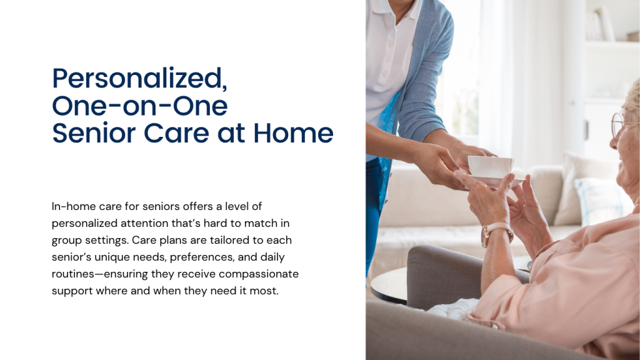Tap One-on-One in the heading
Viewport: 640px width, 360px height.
tap(139, 106)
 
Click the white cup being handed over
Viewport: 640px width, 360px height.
tap(491, 167)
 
